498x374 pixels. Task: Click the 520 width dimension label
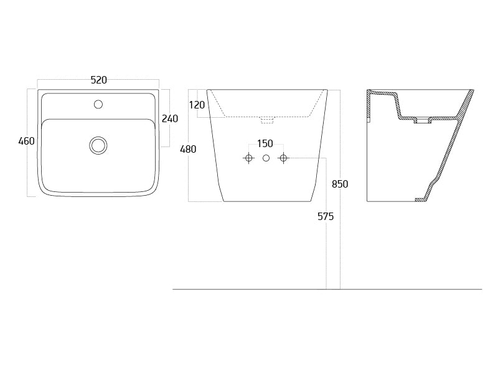pos(99,80)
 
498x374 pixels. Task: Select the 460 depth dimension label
pos(26,141)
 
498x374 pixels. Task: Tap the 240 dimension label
pos(170,118)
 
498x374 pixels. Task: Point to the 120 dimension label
pos(197,105)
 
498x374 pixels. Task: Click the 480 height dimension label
pos(188,149)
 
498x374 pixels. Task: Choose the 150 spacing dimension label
pos(265,144)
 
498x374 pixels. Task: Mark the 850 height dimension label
pos(340,184)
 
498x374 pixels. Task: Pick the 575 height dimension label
pos(326,216)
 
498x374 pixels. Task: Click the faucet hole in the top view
pos(98,104)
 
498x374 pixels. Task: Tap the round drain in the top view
pos(98,146)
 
